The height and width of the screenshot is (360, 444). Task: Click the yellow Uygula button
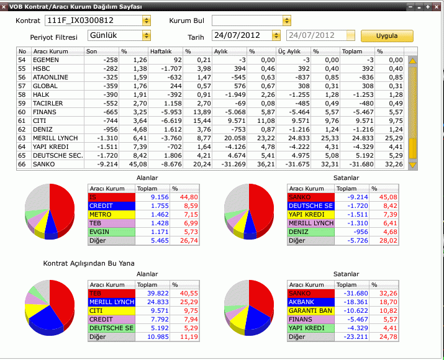click(387, 36)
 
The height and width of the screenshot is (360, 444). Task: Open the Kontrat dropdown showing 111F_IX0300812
click(97, 20)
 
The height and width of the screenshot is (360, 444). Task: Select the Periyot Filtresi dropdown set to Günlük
click(119, 35)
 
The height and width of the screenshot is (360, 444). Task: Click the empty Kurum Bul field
click(251, 20)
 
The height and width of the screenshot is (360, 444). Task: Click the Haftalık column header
click(161, 52)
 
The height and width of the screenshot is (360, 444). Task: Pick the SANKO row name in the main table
click(44, 164)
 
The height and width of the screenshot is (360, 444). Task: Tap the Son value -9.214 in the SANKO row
click(107, 164)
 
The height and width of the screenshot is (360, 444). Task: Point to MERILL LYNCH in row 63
click(55, 138)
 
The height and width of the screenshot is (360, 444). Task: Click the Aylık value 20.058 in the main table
click(235, 138)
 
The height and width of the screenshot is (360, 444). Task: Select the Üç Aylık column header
click(289, 52)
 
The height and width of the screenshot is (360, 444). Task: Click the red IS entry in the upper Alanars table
click(112, 197)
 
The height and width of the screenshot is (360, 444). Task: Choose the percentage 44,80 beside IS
click(189, 197)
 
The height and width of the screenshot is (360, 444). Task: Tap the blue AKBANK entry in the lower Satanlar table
click(311, 302)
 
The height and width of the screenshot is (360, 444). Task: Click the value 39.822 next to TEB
click(158, 294)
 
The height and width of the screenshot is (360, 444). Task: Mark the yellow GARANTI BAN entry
click(311, 311)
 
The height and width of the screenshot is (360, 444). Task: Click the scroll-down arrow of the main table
click(412, 165)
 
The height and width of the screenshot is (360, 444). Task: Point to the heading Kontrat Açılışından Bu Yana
click(89, 264)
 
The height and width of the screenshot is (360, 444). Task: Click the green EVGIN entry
click(112, 232)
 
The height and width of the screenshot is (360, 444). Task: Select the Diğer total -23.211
click(356, 337)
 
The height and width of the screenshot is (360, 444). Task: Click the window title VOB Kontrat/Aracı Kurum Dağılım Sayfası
click(76, 6)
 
